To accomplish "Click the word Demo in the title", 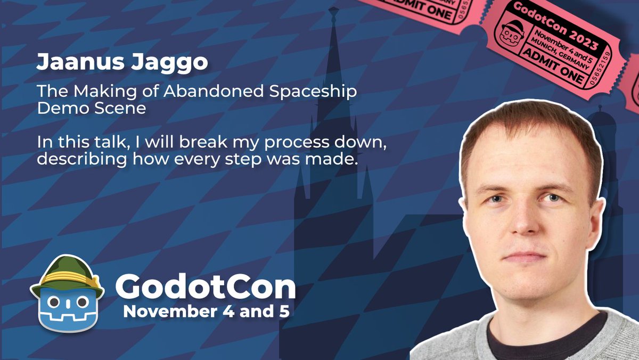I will click(x=59, y=108).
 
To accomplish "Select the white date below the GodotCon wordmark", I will click(x=207, y=311).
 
